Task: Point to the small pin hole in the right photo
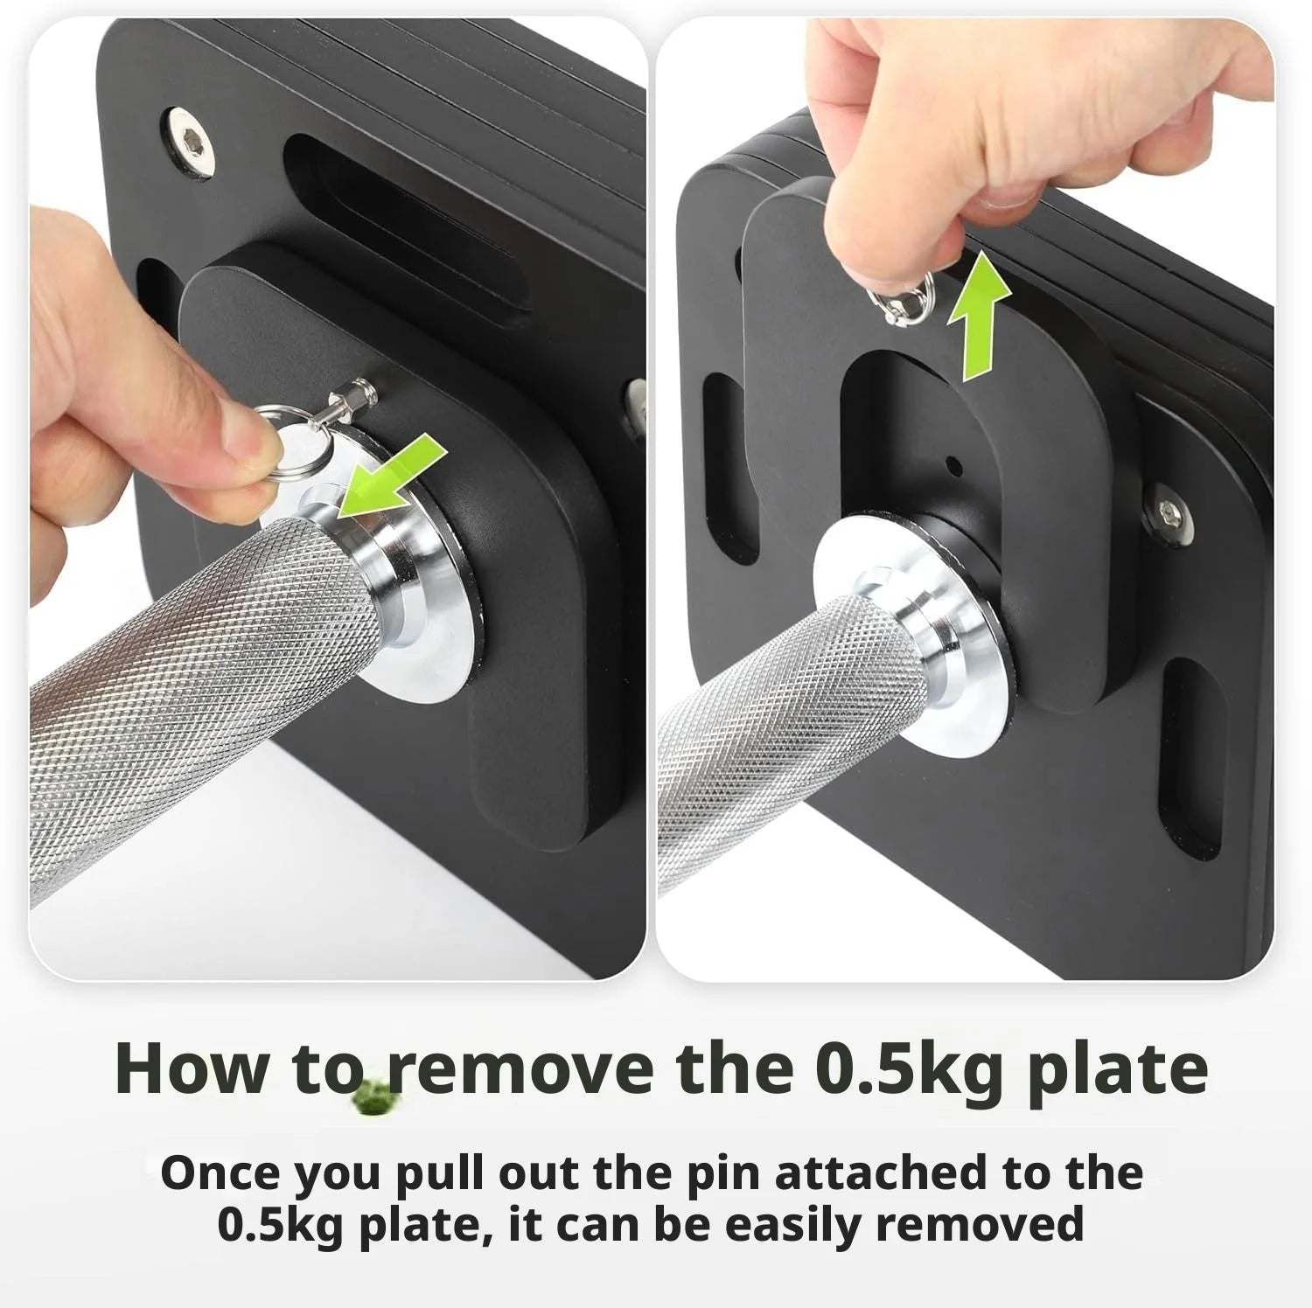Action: pyautogui.click(x=955, y=464)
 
